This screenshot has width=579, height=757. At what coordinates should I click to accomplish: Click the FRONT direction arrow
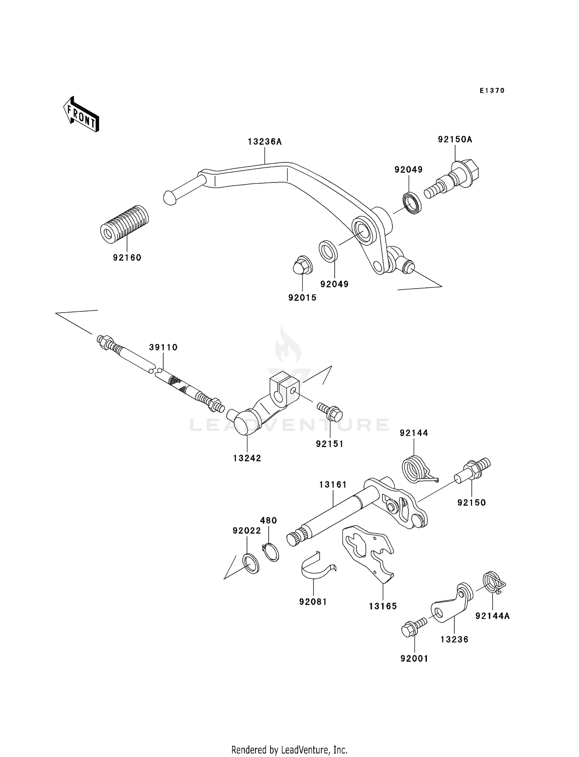pos(81,115)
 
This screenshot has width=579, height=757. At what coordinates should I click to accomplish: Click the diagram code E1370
pos(492,91)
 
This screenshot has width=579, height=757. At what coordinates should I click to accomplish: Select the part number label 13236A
pos(264,142)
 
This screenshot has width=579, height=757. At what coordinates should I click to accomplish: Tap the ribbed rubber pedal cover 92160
pos(124,224)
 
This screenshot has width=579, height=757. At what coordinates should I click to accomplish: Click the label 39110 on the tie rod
pos(163,347)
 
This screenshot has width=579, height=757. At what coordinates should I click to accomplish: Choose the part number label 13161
pos(333,485)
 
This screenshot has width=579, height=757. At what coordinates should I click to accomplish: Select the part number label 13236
pos(454,639)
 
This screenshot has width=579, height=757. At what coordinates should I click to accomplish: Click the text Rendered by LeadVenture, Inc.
pos(289,750)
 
